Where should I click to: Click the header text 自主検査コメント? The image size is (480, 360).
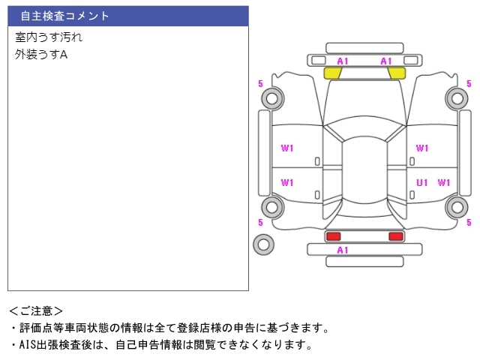(65, 16)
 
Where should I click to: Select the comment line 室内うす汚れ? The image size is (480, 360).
(49, 37)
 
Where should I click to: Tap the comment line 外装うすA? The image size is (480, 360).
(41, 54)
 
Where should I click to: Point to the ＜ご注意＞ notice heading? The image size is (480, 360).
(37, 310)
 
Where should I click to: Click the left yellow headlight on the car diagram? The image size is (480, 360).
(332, 73)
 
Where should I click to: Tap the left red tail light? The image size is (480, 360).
(332, 236)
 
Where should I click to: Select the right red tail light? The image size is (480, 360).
(395, 236)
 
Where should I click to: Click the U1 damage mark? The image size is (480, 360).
(422, 182)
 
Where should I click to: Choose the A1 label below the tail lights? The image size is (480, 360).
(343, 250)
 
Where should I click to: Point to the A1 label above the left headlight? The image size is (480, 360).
(343, 61)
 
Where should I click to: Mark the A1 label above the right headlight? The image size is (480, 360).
(386, 61)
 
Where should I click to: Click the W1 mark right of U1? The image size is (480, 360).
(444, 182)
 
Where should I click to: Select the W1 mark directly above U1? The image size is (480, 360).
(422, 148)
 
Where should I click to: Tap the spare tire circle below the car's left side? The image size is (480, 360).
(263, 244)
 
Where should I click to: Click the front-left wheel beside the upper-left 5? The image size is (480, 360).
(271, 97)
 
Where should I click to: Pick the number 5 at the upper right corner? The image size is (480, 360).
(469, 84)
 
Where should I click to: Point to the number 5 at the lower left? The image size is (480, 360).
(260, 223)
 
